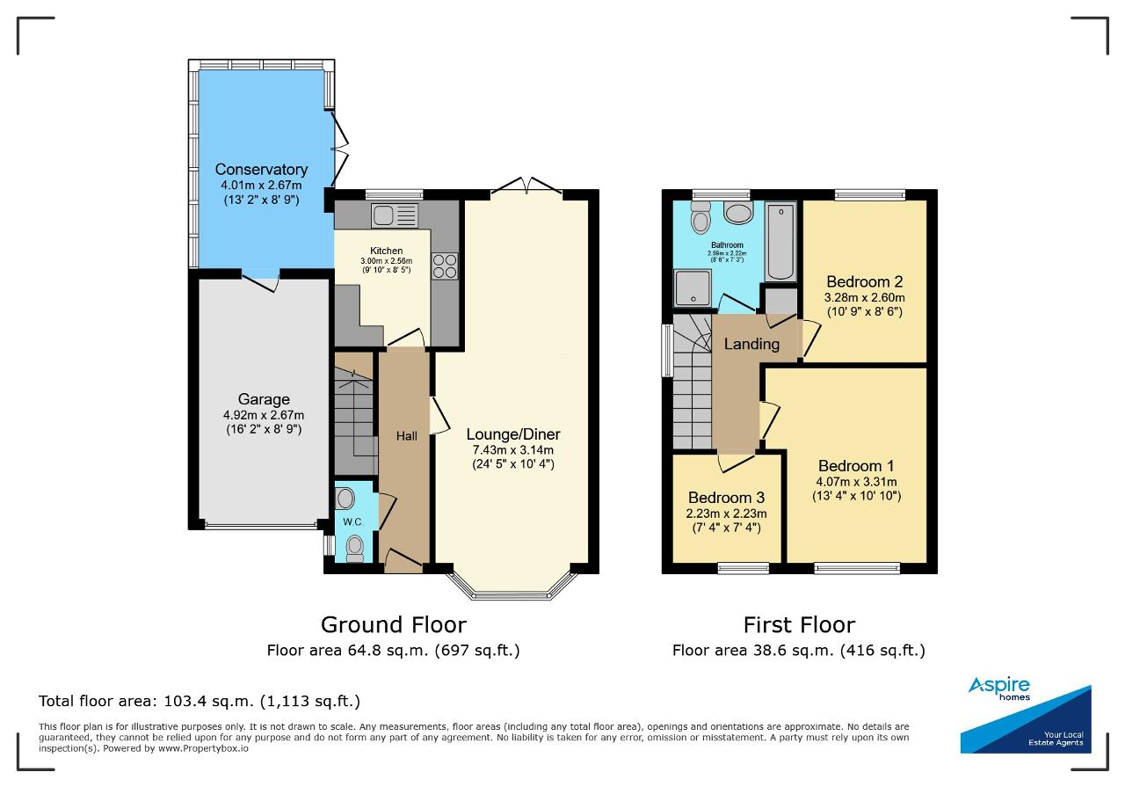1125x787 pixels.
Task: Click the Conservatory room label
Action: [261, 170]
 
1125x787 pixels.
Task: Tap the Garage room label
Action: [264, 399]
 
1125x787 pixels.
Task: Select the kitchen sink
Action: [395, 215]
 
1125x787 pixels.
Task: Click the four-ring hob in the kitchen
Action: [445, 266]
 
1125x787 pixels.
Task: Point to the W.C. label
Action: [353, 522]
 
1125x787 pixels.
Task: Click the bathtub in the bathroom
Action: [781, 241]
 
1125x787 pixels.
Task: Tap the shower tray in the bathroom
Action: [693, 288]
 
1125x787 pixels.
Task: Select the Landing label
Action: [751, 344]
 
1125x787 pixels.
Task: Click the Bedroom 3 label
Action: [726, 498]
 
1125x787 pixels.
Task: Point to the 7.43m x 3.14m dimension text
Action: [512, 450]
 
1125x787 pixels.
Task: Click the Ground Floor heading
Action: [394, 625]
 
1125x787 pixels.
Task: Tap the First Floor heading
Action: [799, 625]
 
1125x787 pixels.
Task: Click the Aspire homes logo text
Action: [999, 689]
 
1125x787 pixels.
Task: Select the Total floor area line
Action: [200, 701]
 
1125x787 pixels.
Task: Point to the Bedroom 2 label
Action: [864, 281]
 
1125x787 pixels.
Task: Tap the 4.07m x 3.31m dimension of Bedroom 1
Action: [856, 482]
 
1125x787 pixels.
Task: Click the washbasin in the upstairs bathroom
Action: [738, 213]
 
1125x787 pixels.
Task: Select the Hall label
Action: [406, 436]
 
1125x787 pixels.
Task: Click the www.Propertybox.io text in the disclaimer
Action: [203, 748]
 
